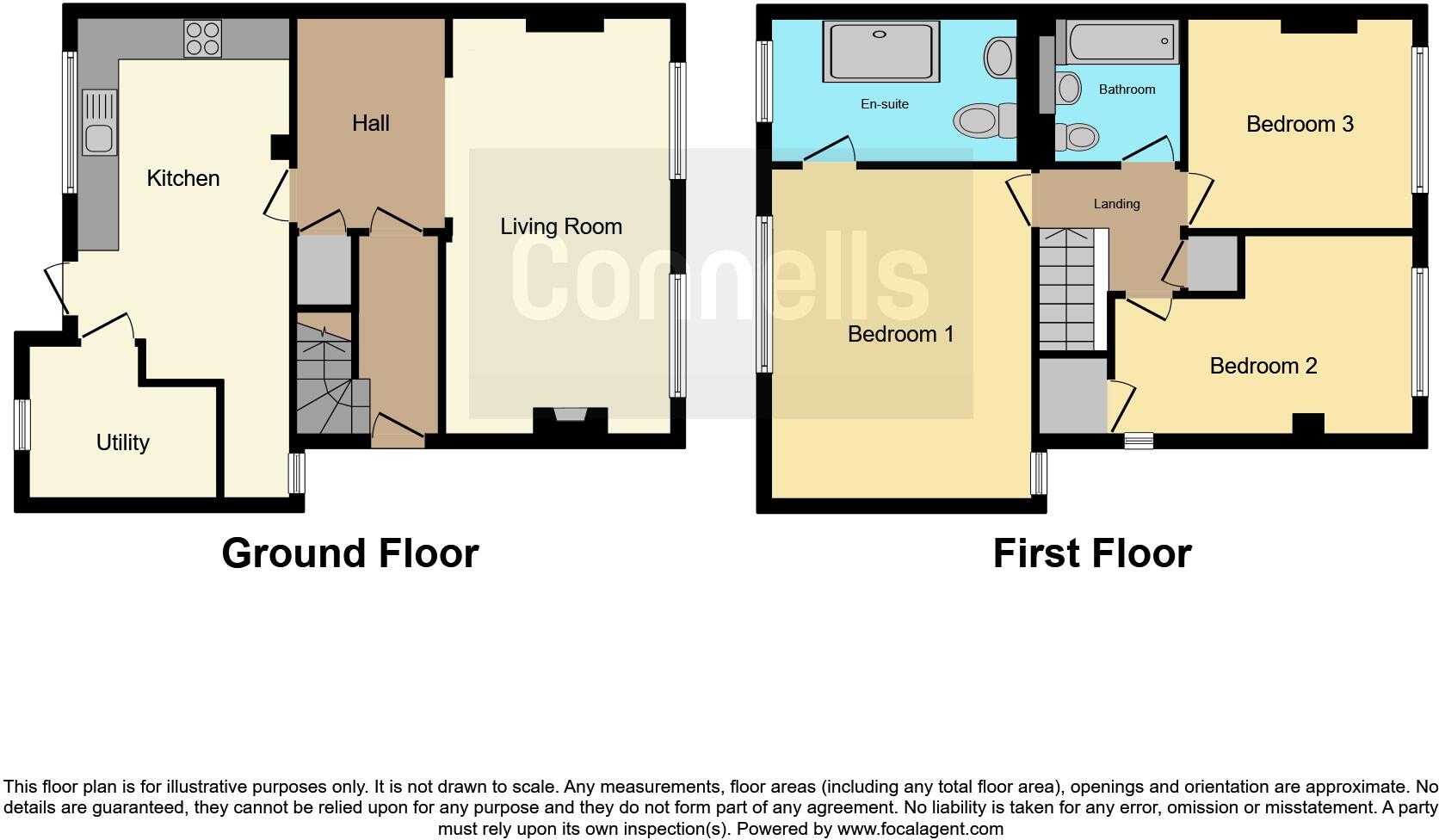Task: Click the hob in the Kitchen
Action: coord(202,39)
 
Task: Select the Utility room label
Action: coord(123,442)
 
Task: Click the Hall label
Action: coord(371,123)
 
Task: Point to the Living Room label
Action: coord(561,226)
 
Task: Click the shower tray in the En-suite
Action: coord(880,52)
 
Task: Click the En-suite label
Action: coord(885,104)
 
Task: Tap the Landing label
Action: coord(1116,204)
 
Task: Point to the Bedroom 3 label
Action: coord(1300,124)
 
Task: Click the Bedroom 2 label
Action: coord(1263,366)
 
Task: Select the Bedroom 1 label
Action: coord(901,334)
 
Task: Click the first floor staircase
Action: coord(1067,288)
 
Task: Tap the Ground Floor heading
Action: coord(350,553)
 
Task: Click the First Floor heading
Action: coord(1092,553)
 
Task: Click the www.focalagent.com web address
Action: coord(920,830)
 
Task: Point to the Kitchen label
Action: coord(183,178)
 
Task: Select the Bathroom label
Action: coord(1127,90)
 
